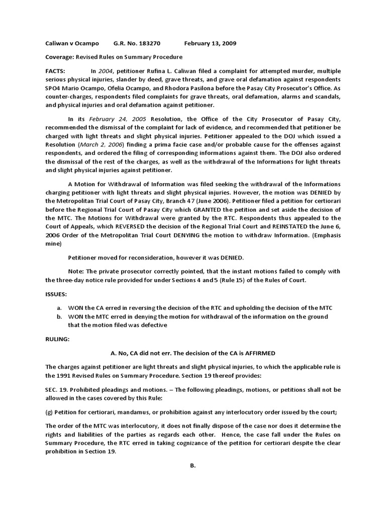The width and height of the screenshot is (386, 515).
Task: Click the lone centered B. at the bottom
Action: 192,466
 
